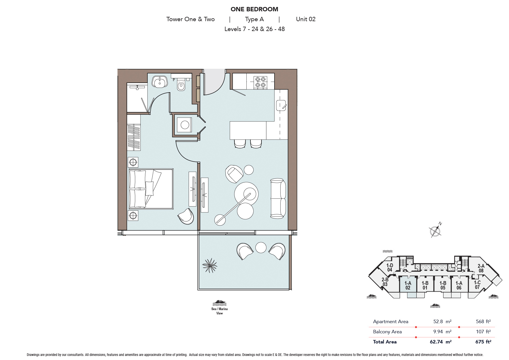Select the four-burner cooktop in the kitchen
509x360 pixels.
point(260,82)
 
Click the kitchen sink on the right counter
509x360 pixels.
point(281,105)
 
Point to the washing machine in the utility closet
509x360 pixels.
point(185,125)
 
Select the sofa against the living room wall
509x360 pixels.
point(278,198)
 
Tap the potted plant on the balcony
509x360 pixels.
point(210,265)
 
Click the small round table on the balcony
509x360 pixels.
point(261,247)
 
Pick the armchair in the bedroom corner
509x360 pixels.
point(186,216)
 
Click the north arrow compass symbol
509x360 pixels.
point(435,231)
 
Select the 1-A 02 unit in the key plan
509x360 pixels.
point(408,285)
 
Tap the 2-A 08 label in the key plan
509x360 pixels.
point(481,268)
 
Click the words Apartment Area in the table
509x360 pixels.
point(390,321)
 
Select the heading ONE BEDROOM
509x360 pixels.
point(254,9)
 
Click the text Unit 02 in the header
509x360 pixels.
point(306,19)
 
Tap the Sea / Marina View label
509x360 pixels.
point(219,311)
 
